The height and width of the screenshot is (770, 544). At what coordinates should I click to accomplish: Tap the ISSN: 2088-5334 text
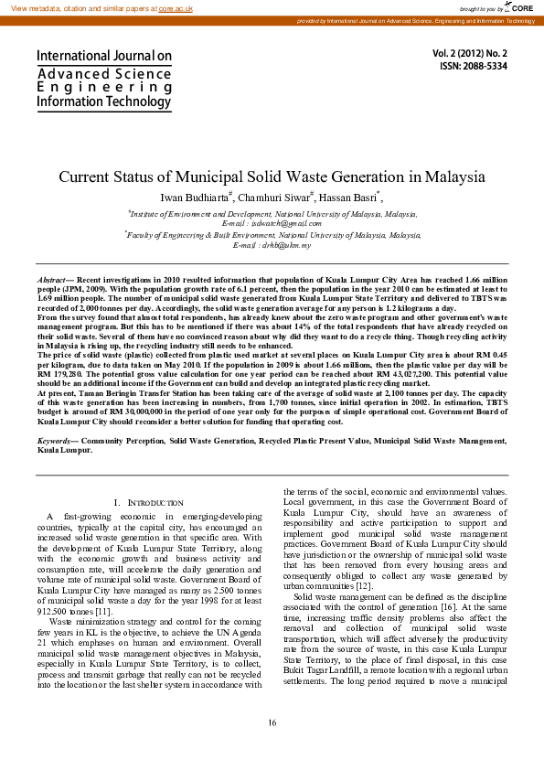pyautogui.click(x=474, y=67)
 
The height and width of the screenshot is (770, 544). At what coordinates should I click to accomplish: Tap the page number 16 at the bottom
pyautogui.click(x=272, y=723)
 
